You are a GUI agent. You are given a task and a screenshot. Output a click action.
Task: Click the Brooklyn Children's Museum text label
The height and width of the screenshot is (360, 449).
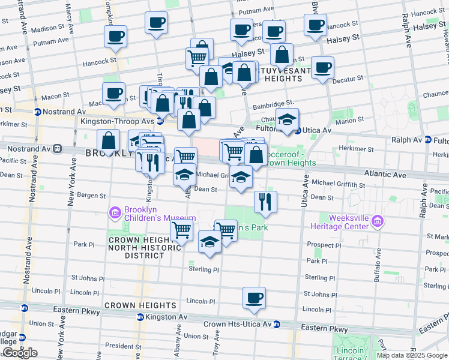[x=160, y=214]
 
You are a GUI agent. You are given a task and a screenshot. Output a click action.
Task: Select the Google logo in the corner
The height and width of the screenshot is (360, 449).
[x=19, y=353]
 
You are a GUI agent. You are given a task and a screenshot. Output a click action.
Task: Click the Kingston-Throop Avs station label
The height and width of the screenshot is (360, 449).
[x=118, y=121]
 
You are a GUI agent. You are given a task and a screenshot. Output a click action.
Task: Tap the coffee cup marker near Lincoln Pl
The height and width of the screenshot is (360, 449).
[x=254, y=298]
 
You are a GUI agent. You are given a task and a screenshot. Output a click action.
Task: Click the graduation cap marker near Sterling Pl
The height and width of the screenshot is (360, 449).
[x=209, y=243]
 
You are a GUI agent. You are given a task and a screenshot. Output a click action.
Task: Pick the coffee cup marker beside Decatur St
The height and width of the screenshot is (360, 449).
[x=322, y=67]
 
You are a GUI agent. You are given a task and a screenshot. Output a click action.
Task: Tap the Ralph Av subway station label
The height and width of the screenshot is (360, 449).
[x=408, y=140]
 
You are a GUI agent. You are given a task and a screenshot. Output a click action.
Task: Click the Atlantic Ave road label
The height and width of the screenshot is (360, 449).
[x=385, y=175]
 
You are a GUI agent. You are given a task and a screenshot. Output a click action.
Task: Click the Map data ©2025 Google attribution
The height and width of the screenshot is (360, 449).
[x=412, y=355]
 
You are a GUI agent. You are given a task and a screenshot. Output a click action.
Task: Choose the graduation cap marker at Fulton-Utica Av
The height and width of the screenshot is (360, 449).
[x=287, y=119]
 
